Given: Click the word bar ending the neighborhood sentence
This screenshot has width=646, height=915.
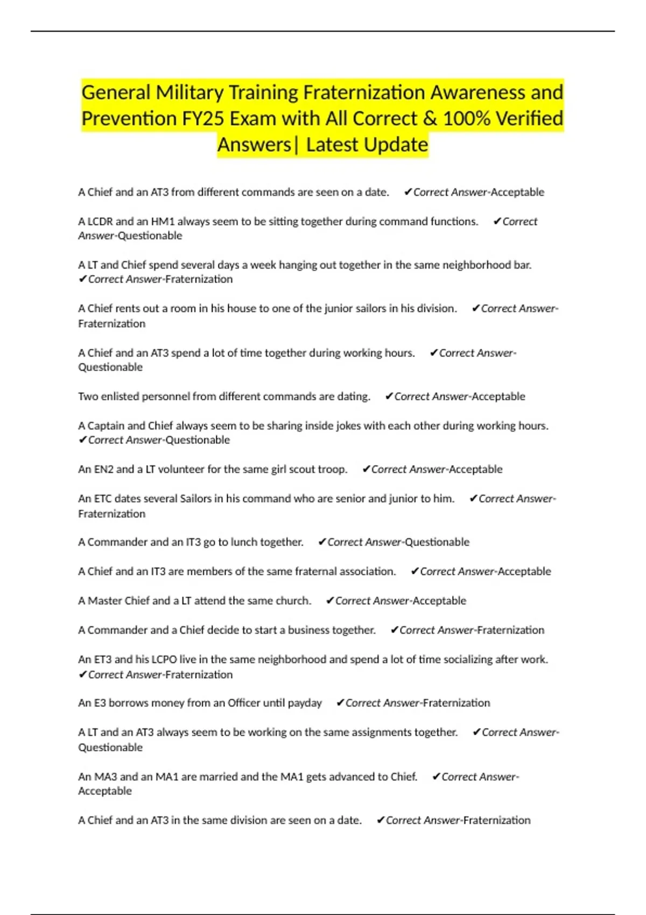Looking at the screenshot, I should pyautogui.click(x=522, y=265).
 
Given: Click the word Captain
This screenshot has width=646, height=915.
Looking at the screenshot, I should pyautogui.click(x=107, y=426).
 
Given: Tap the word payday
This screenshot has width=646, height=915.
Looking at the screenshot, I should pyautogui.click(x=305, y=703).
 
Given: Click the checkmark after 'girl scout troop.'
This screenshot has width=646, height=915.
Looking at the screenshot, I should pyautogui.click(x=366, y=469).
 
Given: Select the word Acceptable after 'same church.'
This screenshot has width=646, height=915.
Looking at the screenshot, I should pyautogui.click(x=439, y=601).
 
